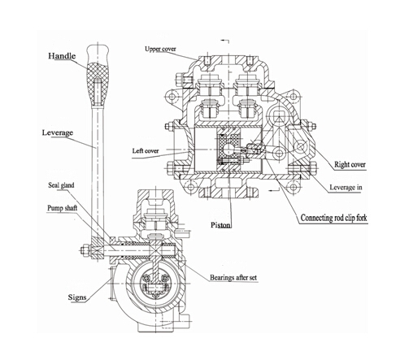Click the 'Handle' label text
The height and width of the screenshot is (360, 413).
[x=63, y=56]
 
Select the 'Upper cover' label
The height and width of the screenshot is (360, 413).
[x=161, y=50]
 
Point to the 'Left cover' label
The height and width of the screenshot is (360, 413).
[x=147, y=151]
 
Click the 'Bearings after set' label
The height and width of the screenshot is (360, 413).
[x=236, y=279]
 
